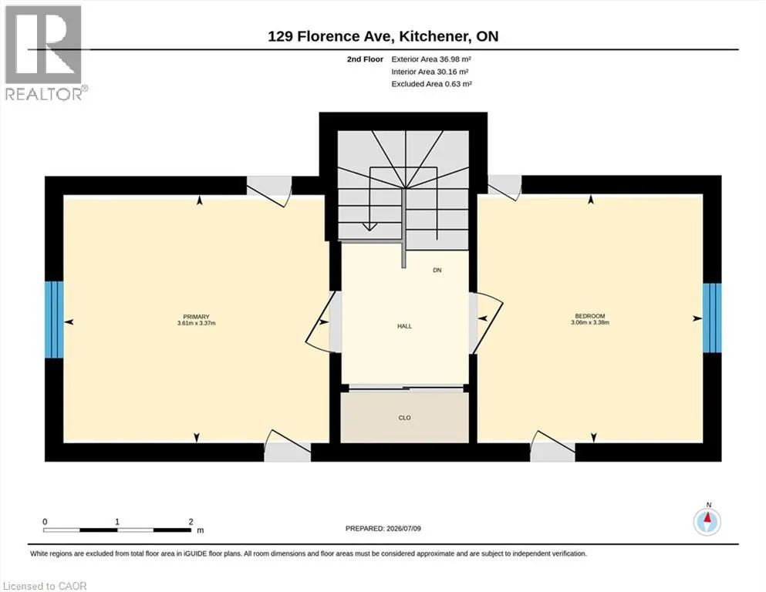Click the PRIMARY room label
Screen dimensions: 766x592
click(197, 317)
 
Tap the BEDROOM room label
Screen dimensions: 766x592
click(590, 316)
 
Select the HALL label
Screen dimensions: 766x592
click(404, 326)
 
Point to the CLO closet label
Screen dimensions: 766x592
click(404, 418)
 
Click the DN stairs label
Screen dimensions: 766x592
click(437, 270)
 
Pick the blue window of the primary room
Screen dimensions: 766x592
click(54, 319)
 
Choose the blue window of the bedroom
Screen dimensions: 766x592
click(712, 318)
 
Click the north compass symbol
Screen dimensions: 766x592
click(707, 521)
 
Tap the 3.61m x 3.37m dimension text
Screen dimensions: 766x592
click(197, 323)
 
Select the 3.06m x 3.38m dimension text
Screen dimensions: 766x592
click(590, 322)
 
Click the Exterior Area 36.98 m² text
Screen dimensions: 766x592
click(431, 59)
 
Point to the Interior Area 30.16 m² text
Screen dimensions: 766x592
click(430, 72)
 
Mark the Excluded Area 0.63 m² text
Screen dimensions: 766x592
click(431, 84)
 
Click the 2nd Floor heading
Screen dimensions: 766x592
click(365, 59)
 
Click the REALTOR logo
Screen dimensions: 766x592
click(45, 52)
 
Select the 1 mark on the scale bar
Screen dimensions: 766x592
click(117, 522)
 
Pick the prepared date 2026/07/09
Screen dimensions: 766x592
click(403, 529)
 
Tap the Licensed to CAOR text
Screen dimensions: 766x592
click(45, 586)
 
